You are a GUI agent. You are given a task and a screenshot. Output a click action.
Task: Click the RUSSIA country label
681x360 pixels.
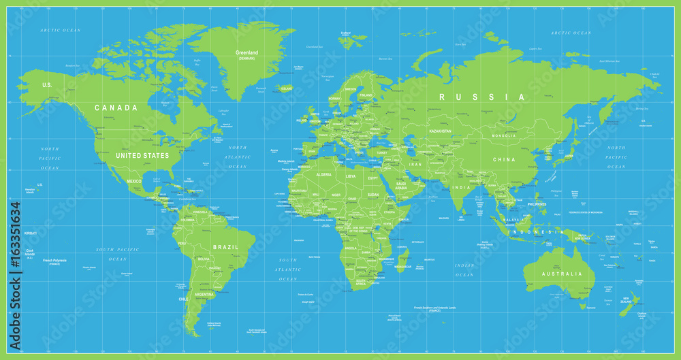pyautogui.click(x=482, y=97)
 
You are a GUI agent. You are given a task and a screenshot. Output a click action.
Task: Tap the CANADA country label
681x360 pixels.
pyautogui.click(x=116, y=108)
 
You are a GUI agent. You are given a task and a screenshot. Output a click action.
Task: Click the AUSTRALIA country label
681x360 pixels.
pyautogui.click(x=561, y=274)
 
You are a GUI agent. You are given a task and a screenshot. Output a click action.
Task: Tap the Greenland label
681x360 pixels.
pyautogui.click(x=246, y=53)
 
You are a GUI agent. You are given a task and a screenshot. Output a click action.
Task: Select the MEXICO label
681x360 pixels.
pyautogui.click(x=133, y=181)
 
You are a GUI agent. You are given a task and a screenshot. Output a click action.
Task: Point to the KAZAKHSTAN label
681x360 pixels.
pyautogui.click(x=440, y=130)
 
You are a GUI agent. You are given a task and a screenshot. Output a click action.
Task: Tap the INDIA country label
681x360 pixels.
pyautogui.click(x=464, y=188)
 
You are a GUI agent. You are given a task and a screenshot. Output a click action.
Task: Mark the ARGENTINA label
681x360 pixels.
pyautogui.click(x=204, y=295)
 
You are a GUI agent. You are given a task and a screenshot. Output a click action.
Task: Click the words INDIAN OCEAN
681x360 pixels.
pyautogui.click(x=464, y=269)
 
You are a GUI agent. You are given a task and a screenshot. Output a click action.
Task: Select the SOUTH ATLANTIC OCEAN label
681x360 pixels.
pyautogui.click(x=288, y=269)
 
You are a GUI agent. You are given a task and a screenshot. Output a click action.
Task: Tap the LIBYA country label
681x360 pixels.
pyautogui.click(x=350, y=176)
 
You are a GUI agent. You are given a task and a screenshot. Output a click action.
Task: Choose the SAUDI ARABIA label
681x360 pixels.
pyautogui.click(x=402, y=185)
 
